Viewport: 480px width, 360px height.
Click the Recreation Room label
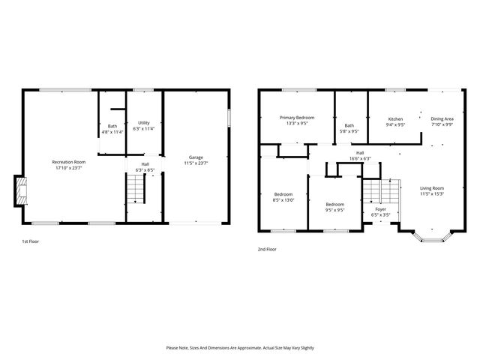68,162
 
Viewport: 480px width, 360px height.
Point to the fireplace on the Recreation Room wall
20,191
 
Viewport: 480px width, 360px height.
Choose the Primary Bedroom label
297,118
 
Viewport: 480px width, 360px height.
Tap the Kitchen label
395,119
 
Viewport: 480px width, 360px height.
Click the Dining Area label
442,119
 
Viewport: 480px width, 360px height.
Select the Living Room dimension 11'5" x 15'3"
431,194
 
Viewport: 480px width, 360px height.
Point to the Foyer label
380,209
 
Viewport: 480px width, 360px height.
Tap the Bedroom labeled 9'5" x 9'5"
334,205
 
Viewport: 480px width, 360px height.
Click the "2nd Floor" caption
266,249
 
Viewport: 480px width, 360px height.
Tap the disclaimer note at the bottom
240,348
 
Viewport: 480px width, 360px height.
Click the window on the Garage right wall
230,120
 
